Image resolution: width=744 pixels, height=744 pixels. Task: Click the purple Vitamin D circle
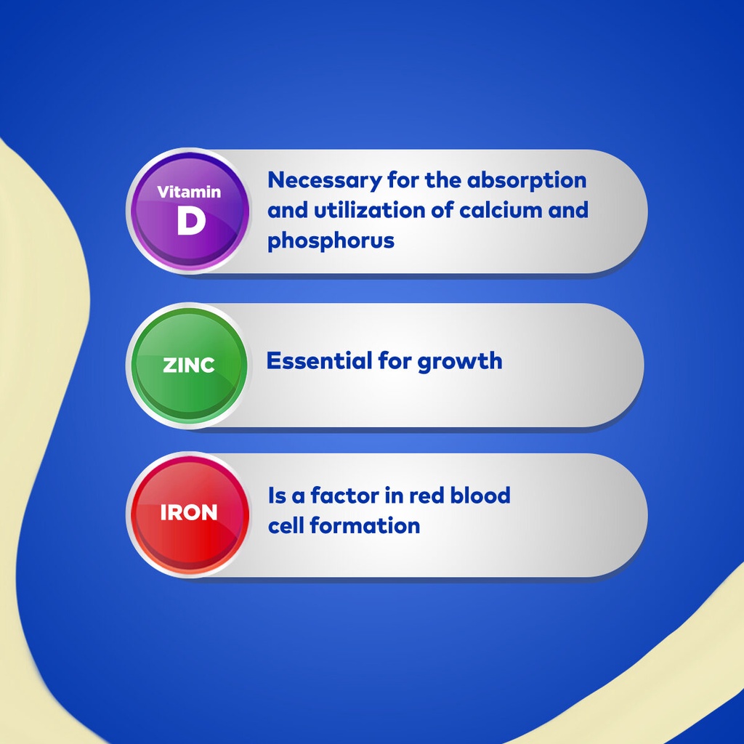click(190, 211)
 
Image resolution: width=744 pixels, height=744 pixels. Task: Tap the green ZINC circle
click(189, 365)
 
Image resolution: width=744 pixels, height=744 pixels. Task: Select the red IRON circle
click(190, 514)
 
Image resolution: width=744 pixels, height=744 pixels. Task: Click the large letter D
click(191, 221)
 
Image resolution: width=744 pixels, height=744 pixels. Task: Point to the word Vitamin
click(189, 192)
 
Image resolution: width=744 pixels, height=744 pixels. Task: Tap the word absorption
click(527, 181)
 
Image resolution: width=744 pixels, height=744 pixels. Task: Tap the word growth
click(459, 362)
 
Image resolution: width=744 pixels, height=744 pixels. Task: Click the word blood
click(480, 496)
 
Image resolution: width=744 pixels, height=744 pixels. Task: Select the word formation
click(365, 526)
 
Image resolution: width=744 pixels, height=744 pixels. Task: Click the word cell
click(285, 526)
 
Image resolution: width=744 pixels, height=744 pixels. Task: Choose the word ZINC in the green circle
click(189, 365)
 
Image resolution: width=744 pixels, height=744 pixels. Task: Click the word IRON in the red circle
click(189, 512)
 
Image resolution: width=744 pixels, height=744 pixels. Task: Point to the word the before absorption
click(443, 180)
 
